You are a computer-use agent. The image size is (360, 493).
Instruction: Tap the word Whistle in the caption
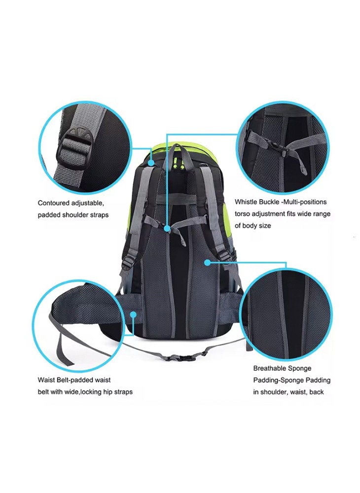246,202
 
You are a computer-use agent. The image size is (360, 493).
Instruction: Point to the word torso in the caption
242,214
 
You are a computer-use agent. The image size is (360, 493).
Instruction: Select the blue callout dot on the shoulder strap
151,163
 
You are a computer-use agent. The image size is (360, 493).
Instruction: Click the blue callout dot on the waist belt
134,314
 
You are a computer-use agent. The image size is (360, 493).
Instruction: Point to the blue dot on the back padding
207,262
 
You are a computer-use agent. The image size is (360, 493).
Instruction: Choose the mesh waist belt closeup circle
78,326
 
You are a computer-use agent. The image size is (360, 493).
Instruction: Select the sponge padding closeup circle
287,315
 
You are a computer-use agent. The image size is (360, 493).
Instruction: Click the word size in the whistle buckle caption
265,226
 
